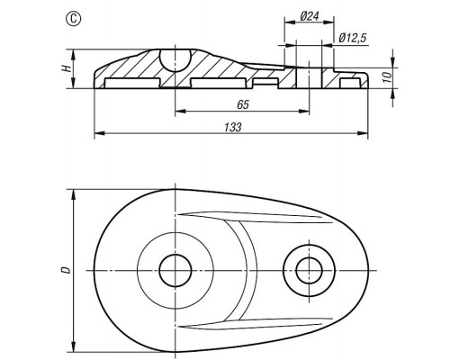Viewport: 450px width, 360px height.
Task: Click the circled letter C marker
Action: (73, 19)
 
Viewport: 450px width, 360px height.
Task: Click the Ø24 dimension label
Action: (310, 15)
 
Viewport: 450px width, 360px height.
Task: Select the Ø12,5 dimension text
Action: (353, 39)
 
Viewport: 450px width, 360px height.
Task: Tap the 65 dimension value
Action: (243, 104)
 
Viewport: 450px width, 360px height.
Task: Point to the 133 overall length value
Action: (232, 127)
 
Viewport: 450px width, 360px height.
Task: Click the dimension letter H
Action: (67, 68)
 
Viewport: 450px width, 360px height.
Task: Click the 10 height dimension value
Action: (388, 77)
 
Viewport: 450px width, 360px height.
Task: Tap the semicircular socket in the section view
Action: (175, 60)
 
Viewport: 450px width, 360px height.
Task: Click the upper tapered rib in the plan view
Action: (255, 218)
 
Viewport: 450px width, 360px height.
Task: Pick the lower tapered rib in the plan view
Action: (255, 323)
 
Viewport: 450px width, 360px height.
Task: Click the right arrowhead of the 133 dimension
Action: (363, 133)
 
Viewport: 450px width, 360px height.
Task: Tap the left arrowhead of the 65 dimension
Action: (180, 112)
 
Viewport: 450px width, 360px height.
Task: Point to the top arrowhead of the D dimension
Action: (74, 194)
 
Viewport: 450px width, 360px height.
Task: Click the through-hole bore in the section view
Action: (309, 78)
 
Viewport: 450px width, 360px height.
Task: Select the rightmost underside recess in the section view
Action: (349, 83)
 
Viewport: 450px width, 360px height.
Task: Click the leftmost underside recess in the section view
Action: (131, 83)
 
